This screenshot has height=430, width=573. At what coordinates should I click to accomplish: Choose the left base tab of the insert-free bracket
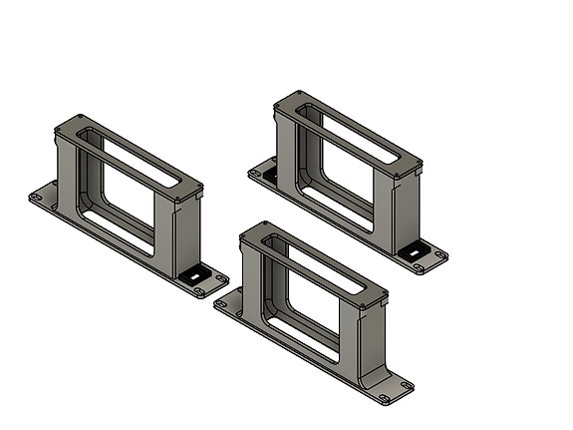(x=228, y=300)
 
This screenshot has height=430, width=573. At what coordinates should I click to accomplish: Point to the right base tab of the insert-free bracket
(x=393, y=390)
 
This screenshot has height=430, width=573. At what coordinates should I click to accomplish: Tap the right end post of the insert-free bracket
(x=365, y=339)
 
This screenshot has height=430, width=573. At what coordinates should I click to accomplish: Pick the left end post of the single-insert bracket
(x=65, y=165)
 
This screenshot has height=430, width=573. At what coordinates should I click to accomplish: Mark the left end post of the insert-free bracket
(x=250, y=273)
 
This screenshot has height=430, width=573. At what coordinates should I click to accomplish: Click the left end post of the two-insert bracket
(x=284, y=140)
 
